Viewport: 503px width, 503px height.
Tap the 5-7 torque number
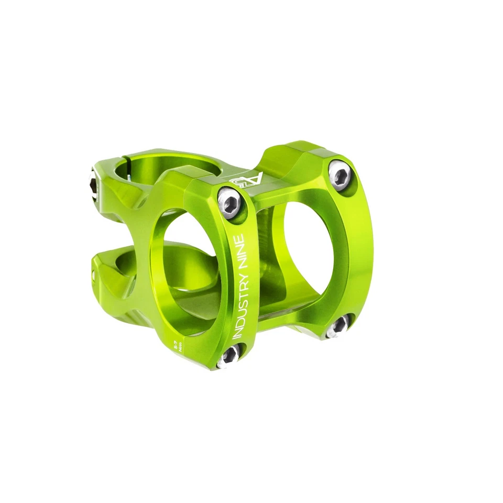click(x=173, y=345)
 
